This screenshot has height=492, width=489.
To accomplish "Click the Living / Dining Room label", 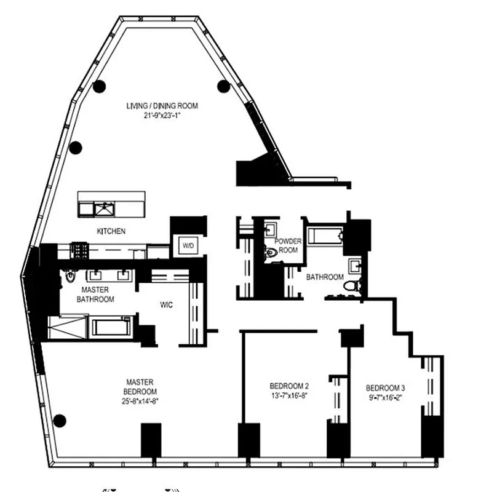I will point(162,106).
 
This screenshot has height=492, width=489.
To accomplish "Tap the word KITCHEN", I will point(111,231).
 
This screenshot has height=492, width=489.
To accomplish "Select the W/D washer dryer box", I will point(186,245).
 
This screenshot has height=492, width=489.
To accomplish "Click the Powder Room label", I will point(288,245).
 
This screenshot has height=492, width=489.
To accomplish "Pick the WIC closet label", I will point(166,304).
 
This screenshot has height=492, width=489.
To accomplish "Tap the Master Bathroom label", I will point(95,295).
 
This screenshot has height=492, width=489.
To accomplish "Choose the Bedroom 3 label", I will point(385,388).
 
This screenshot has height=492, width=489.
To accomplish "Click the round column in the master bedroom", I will point(60,421).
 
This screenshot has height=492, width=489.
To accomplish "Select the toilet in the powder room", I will point(271,252).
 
